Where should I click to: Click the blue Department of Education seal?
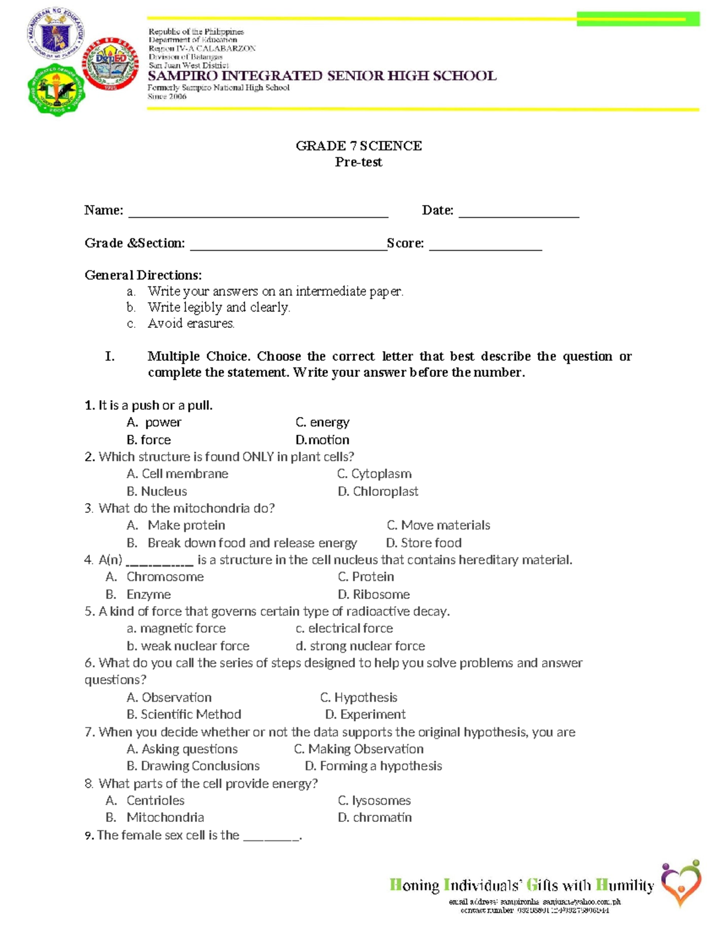(x=55, y=34)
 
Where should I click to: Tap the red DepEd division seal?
(x=111, y=65)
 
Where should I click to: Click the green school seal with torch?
(x=56, y=90)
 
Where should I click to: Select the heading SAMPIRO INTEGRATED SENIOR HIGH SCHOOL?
(x=322, y=76)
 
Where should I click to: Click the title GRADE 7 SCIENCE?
(x=358, y=146)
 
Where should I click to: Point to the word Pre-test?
(x=358, y=162)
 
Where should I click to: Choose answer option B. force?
(x=149, y=440)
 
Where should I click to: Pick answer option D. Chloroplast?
(x=378, y=491)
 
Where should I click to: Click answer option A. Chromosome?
(x=155, y=577)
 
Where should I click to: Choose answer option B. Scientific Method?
(x=184, y=714)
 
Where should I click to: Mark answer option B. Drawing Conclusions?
(x=193, y=766)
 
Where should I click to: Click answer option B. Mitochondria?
(x=155, y=817)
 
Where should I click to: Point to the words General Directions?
(x=143, y=275)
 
